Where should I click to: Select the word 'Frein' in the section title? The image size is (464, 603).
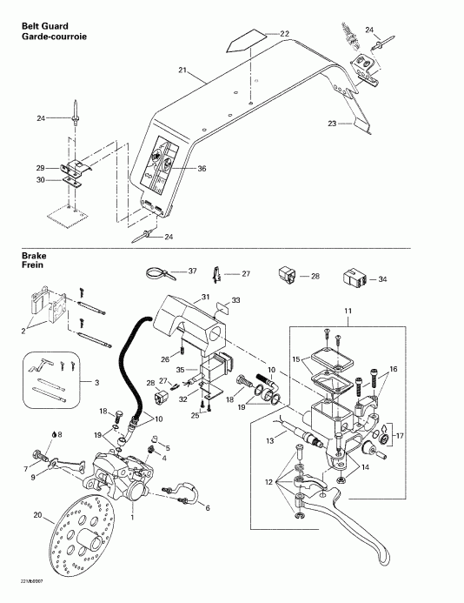tap(33, 265)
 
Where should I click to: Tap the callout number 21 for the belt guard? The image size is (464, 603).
tap(182, 68)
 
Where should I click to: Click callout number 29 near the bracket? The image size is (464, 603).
tap(40, 167)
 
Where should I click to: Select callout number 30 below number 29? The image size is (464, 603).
tap(40, 180)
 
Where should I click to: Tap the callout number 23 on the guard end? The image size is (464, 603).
tap(332, 125)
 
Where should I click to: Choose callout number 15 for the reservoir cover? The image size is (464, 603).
tap(295, 358)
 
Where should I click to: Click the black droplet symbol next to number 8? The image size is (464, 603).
tap(55, 434)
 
